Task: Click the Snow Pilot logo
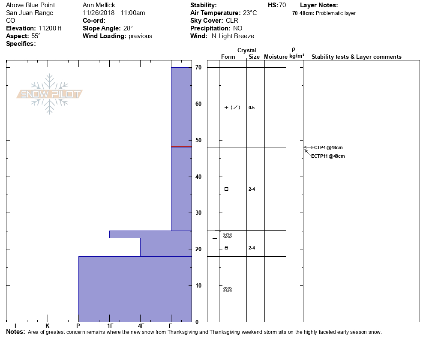tap(50, 94)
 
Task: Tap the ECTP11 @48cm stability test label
tap(328, 156)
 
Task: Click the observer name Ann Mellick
tap(99, 5)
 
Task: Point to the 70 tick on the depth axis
tap(198, 68)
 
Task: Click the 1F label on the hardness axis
tap(110, 326)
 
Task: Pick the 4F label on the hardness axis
tap(141, 326)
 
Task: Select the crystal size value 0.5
tap(252, 108)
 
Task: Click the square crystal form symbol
tap(226, 189)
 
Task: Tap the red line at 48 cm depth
tap(181, 147)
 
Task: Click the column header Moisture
tap(276, 57)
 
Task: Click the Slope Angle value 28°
tap(128, 28)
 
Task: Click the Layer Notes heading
tap(319, 5)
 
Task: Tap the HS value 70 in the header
tap(282, 5)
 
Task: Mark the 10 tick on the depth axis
tap(198, 285)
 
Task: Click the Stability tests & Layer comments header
tap(356, 57)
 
